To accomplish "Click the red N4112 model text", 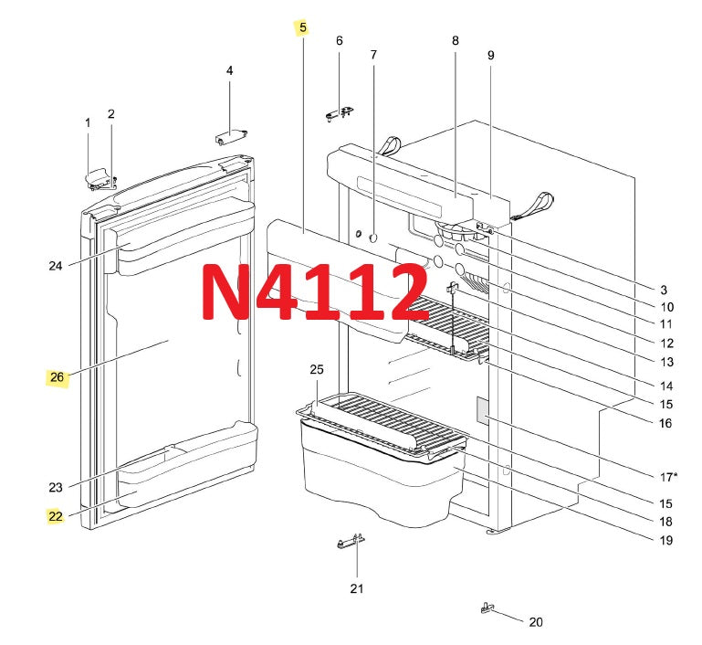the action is click(314, 292).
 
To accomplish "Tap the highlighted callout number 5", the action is click(303, 27).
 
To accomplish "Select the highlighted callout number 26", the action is click(57, 377).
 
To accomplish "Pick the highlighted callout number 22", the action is click(55, 516).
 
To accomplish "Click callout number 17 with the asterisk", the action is click(668, 478).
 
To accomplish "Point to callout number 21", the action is click(356, 588).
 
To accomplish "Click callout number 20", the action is click(536, 622).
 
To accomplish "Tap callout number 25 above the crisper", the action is click(317, 369).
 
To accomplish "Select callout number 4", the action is click(230, 70).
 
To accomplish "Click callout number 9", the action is click(491, 55).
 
